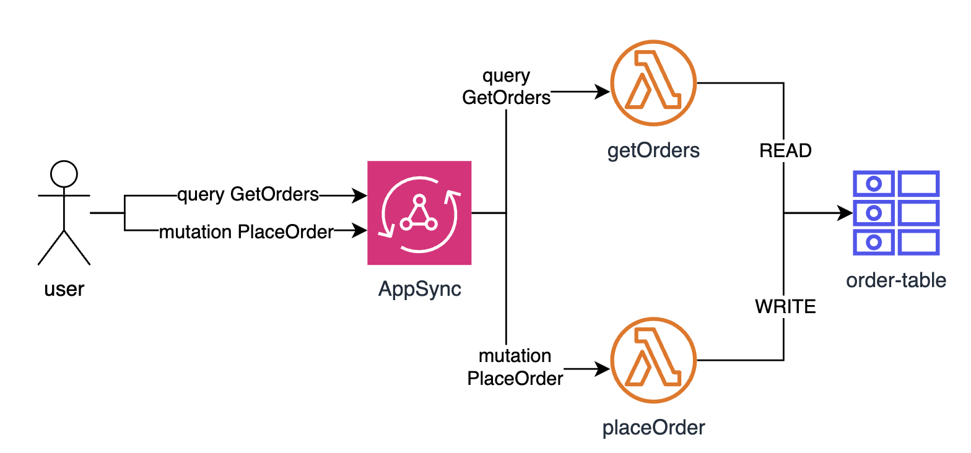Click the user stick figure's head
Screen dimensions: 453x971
(64, 174)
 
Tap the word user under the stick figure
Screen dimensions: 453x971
(64, 289)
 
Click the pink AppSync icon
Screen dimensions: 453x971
(419, 213)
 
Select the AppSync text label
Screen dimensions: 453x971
(420, 289)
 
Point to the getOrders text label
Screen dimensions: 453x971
(654, 150)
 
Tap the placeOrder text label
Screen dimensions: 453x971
(654, 428)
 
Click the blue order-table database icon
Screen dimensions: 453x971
(896, 213)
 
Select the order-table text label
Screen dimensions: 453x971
(896, 280)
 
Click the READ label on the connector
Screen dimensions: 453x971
(785, 150)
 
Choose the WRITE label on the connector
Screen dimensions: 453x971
(785, 306)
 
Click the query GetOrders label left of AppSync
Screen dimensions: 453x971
(248, 195)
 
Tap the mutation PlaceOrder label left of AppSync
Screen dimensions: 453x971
(246, 232)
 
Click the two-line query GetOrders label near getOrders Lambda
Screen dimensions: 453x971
(507, 87)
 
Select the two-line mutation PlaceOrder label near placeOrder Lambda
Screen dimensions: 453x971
(515, 367)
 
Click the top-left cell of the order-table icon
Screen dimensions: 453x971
(873, 183)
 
